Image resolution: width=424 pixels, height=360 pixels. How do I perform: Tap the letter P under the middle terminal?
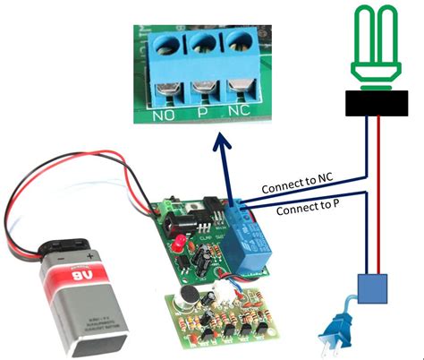pos(201,115)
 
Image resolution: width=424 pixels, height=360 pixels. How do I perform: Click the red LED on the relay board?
pos(178,244)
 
